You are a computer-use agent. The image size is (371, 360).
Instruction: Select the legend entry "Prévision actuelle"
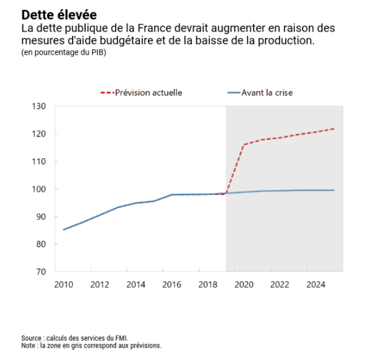pos(149,92)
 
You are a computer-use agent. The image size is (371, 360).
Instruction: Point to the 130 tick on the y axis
pos(39,106)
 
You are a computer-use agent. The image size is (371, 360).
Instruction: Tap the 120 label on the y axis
pos(39,134)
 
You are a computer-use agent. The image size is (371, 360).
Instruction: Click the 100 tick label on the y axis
pos(39,189)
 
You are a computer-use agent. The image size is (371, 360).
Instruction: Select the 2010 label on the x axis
pos(64,284)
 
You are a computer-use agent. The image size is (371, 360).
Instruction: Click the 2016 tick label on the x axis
pos(172,284)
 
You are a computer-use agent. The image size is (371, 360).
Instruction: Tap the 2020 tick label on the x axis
pos(244,284)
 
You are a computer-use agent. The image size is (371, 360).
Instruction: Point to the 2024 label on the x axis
pos(316,284)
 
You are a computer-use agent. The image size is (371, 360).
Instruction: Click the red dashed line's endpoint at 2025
pos(334,128)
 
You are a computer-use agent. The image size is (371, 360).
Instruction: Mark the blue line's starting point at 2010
pos(64,230)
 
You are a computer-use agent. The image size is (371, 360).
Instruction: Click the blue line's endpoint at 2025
pos(334,190)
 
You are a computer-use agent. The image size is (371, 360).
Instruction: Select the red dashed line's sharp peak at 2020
pos(244,145)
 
